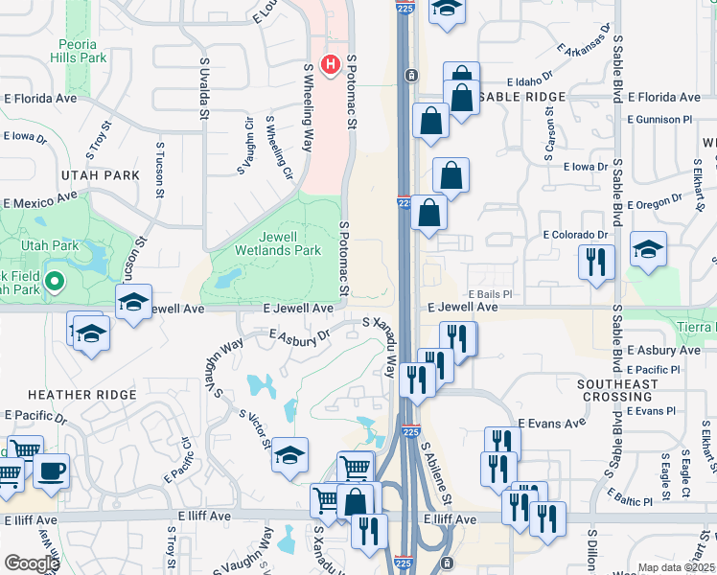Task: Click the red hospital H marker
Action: click(331, 65)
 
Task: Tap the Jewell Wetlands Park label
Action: click(265, 243)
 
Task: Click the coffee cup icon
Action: click(51, 471)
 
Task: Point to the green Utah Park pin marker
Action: click(55, 282)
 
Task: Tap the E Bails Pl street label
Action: click(491, 294)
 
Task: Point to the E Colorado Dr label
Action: click(576, 235)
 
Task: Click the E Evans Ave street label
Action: click(551, 423)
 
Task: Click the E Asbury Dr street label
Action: click(300, 335)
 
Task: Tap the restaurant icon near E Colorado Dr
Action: click(596, 263)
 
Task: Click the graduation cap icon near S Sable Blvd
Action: click(648, 250)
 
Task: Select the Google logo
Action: click(32, 563)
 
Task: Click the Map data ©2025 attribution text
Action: click(675, 567)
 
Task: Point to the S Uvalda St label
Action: click(204, 87)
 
